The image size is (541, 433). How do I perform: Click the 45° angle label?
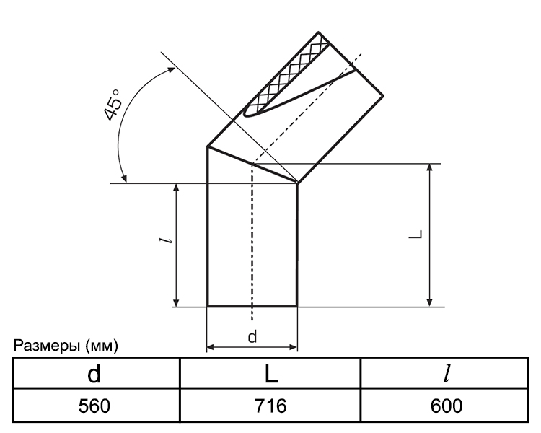coord(113,105)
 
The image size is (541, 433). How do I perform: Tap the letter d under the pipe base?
coord(252,336)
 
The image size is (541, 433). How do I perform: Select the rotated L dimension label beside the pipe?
coord(415,234)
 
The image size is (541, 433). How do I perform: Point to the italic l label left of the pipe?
coord(166,240)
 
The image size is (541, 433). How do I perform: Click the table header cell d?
coord(94,374)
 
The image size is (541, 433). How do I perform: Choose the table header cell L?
coord(271,374)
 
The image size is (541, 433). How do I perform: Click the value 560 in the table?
coord(94,406)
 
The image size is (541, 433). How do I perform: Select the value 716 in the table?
coord(270,406)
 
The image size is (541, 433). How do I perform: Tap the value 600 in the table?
coord(447,406)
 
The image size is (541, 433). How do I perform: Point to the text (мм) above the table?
coord(102,346)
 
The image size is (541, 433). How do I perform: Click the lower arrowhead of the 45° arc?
coord(124,178)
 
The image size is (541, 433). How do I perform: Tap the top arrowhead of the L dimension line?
coord(430,168)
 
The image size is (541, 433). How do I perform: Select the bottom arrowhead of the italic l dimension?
coord(176,302)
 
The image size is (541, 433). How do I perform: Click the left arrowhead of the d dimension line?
coord(211,347)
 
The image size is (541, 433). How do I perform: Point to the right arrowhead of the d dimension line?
coord(293,347)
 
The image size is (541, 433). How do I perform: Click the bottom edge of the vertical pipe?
coord(252,306)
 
